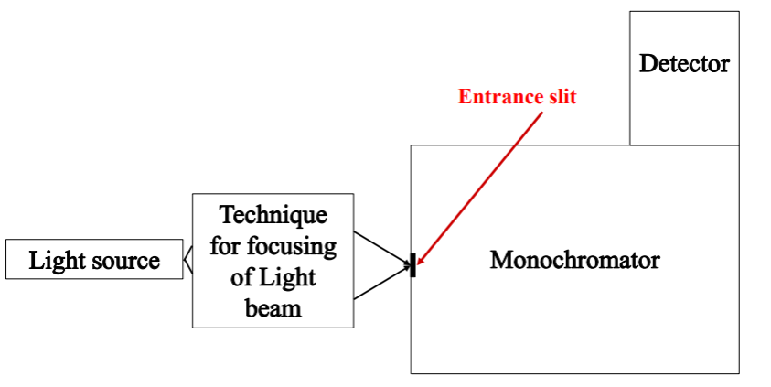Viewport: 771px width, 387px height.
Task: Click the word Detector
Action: click(x=684, y=64)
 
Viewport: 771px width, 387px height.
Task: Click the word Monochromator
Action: click(x=574, y=260)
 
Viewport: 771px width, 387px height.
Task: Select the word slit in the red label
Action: click(x=560, y=96)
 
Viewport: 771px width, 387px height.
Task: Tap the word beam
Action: click(x=273, y=307)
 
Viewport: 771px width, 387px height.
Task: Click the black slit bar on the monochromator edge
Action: click(x=414, y=266)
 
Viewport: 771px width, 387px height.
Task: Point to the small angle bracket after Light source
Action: click(x=187, y=261)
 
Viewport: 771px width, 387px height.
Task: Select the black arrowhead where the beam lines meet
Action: click(x=407, y=266)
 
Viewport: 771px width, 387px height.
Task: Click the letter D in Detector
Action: click(x=648, y=64)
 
